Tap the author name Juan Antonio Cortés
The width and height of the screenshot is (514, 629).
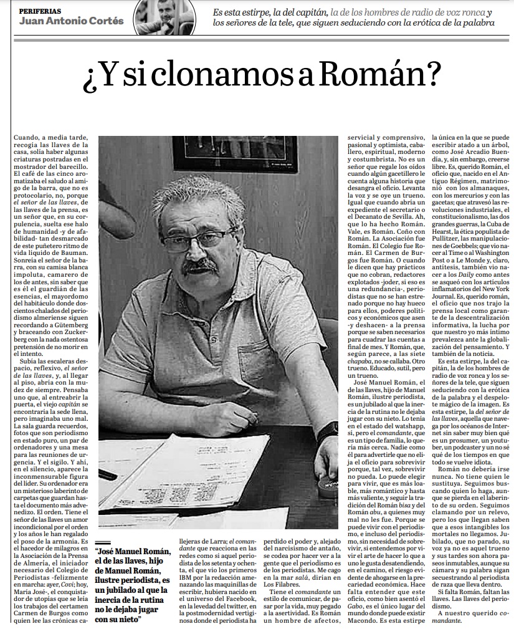(72, 21)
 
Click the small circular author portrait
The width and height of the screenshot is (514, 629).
(167, 17)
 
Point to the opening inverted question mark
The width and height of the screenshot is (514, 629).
(91, 78)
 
